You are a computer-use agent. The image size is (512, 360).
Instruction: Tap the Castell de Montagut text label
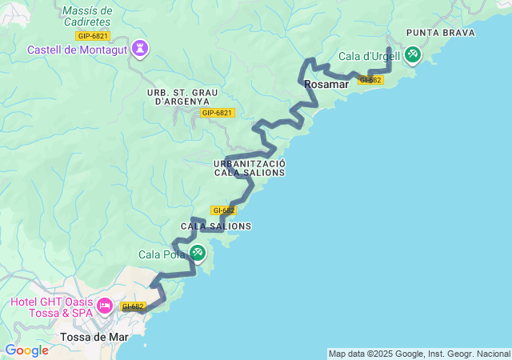click(x=78, y=50)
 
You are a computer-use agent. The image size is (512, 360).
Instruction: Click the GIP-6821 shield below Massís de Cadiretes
click(x=93, y=35)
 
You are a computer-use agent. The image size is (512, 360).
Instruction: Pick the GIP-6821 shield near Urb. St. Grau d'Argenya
click(x=217, y=113)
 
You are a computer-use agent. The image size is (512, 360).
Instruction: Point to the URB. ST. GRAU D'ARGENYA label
click(x=178, y=97)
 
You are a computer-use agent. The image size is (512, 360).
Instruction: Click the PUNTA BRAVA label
click(x=440, y=33)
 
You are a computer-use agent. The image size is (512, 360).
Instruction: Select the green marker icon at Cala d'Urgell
click(x=413, y=54)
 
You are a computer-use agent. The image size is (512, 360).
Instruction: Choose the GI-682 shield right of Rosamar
click(x=370, y=80)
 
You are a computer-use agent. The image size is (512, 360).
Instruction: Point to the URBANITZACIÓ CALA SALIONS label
click(x=250, y=169)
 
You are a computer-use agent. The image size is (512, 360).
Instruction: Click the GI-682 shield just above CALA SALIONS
click(x=224, y=210)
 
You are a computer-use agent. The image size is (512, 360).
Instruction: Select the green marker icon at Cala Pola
click(x=198, y=254)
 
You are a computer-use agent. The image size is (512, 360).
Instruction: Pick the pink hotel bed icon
click(x=104, y=306)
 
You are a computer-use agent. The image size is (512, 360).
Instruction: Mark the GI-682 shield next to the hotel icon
click(x=132, y=306)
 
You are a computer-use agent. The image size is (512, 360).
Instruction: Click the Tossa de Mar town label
click(x=94, y=337)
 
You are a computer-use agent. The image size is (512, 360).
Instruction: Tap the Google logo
click(x=26, y=350)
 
